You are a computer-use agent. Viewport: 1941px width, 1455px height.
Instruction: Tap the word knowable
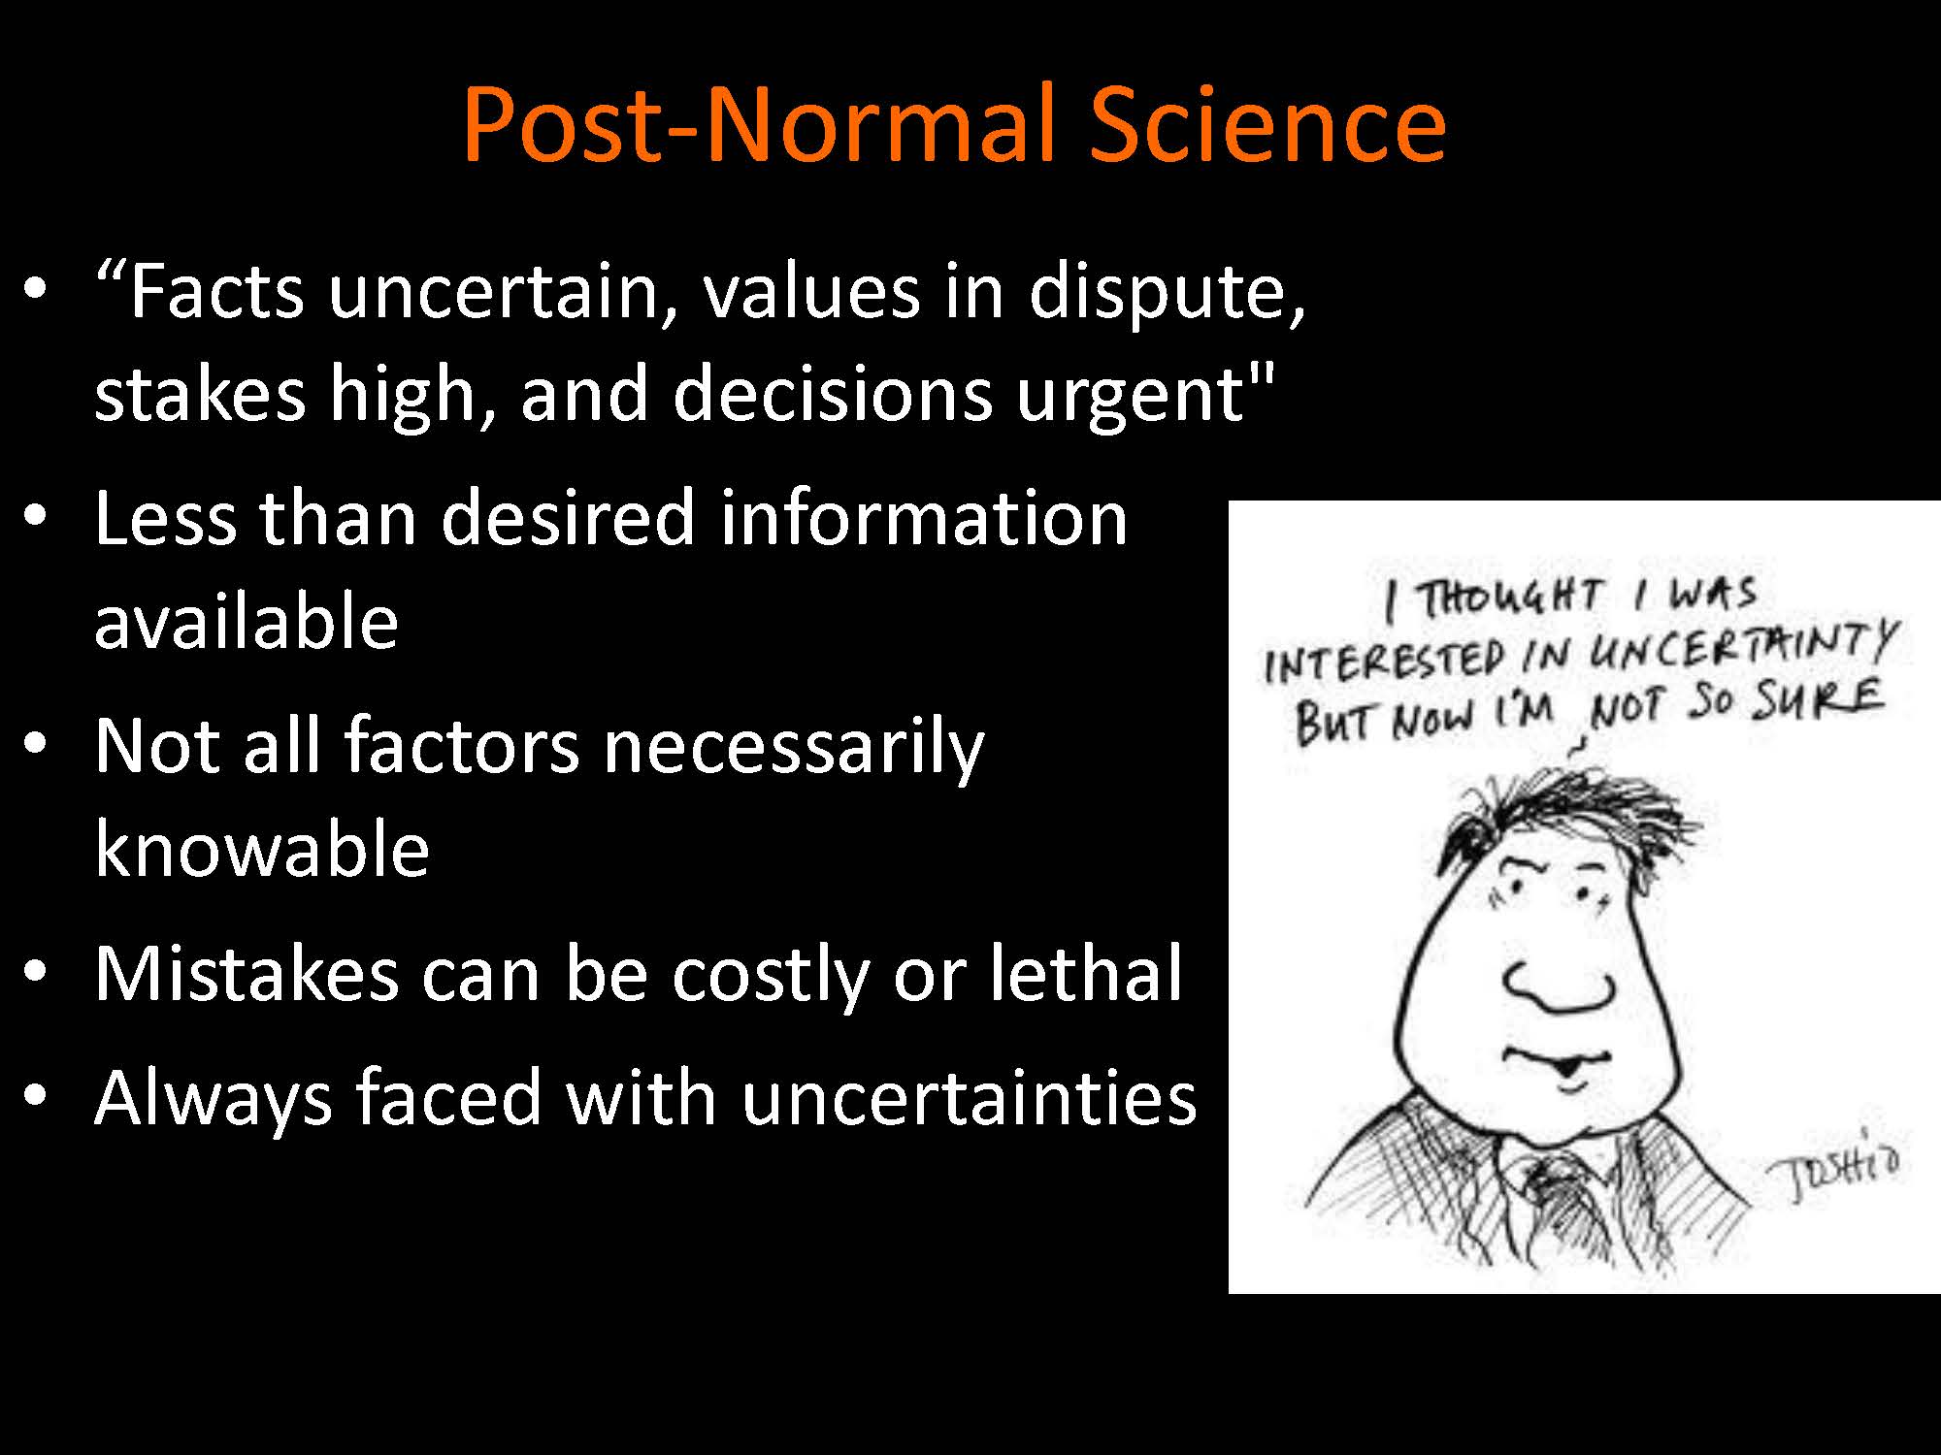pyautogui.click(x=262, y=848)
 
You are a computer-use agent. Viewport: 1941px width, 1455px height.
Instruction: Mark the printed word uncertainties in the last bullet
pyautogui.click(x=968, y=1097)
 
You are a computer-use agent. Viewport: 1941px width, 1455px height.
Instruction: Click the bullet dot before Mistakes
pyautogui.click(x=36, y=971)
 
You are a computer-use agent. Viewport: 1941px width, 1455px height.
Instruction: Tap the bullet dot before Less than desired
pyautogui.click(x=36, y=515)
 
